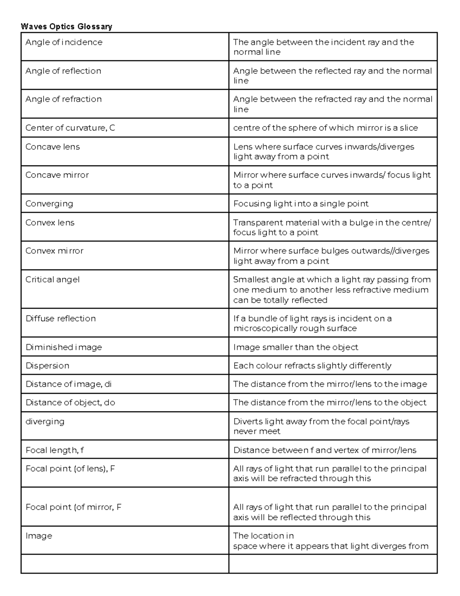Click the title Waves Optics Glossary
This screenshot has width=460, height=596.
[x=66, y=26]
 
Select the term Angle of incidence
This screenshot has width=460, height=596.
[x=64, y=42]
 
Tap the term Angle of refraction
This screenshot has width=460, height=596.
[x=63, y=99]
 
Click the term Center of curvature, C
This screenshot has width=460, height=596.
[x=70, y=128]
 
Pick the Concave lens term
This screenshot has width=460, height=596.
[x=53, y=147]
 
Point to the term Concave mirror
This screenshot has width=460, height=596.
[x=57, y=175]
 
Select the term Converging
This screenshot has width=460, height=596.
[x=49, y=204]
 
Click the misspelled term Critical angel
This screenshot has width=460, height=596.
[x=53, y=279]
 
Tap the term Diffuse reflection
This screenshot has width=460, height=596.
[x=61, y=319]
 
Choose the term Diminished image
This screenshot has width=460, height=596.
[x=64, y=347]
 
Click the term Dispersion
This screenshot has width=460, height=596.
[x=47, y=366]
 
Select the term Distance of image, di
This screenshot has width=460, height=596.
[x=69, y=384]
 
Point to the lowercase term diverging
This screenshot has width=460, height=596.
[x=45, y=421]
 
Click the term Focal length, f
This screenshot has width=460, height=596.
[x=55, y=450]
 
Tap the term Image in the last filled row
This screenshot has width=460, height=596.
[x=39, y=536]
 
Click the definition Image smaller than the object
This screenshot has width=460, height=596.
[x=296, y=347]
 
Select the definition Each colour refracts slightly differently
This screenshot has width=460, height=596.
[x=312, y=366]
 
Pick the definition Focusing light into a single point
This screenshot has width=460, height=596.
[x=301, y=204]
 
